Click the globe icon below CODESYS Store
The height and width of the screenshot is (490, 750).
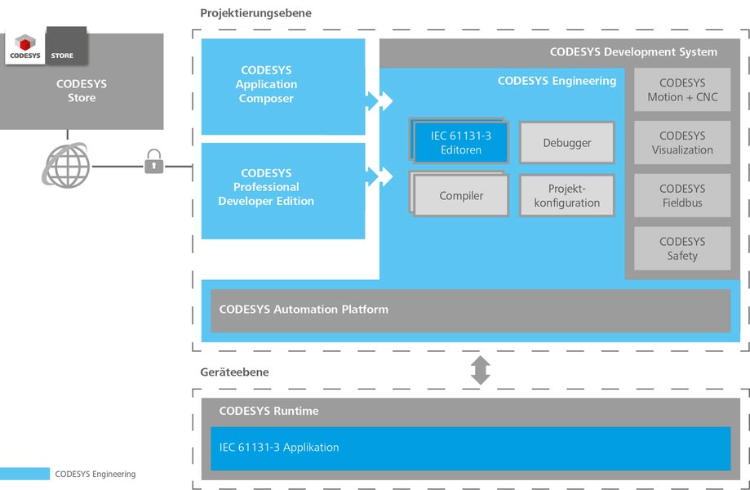[x=66, y=165]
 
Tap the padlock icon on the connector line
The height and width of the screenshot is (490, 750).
[x=153, y=161]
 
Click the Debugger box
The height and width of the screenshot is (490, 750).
[x=567, y=143]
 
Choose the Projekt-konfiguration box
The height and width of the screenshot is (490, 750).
[x=567, y=195]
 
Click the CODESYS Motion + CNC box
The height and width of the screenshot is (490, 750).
[x=682, y=90]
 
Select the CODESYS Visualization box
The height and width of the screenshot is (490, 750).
[x=682, y=143]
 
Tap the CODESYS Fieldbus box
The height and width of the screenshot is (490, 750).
[x=682, y=195]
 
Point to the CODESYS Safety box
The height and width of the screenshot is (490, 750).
[x=682, y=248]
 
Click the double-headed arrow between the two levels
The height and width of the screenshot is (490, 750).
[x=480, y=370]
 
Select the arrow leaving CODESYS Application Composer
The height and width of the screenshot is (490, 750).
[x=379, y=100]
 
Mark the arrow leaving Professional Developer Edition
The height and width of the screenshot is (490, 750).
[x=379, y=176]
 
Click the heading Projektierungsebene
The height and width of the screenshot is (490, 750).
[x=255, y=13]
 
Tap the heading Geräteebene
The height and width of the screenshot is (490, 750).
[x=234, y=372]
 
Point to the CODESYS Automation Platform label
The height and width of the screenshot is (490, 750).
[x=304, y=310]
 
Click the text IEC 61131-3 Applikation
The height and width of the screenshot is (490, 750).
[x=279, y=447]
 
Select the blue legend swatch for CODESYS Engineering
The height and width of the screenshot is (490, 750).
[x=24, y=474]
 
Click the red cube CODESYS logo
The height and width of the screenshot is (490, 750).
[x=24, y=43]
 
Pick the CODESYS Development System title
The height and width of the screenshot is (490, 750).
[x=633, y=51]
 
